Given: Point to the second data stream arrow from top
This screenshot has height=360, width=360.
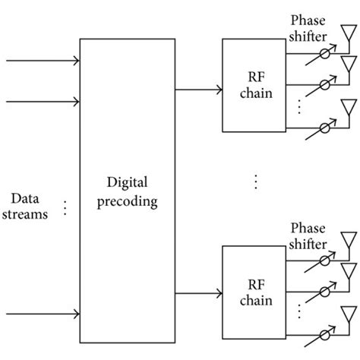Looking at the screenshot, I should click(x=43, y=102).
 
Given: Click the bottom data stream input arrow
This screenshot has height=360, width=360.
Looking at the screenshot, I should click(x=43, y=311).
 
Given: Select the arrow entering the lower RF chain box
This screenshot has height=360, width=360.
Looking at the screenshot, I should click(x=196, y=293).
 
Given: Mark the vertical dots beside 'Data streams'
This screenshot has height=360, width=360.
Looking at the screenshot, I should click(x=65, y=207).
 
